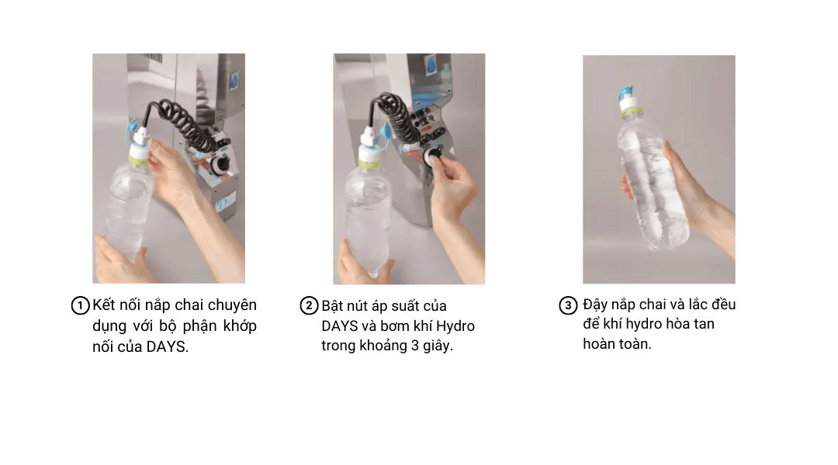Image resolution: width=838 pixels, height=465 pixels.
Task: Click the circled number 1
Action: tap(80, 305)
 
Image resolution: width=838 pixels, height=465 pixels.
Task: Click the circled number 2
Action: tap(309, 305)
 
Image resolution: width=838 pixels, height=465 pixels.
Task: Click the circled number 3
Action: tap(568, 305)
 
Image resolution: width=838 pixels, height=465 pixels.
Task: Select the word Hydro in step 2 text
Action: tap(455, 325)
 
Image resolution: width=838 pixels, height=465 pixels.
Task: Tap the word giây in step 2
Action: tap(438, 346)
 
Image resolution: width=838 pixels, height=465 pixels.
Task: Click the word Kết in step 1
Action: tap(105, 305)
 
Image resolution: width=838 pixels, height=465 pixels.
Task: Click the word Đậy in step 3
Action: tap(597, 304)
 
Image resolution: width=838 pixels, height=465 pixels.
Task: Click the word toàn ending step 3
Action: tap(634, 344)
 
